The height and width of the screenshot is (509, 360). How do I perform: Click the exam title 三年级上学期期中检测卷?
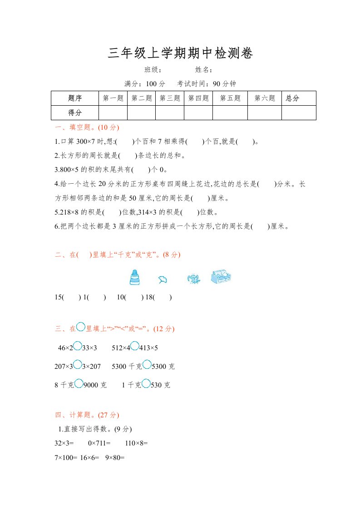(x=180, y=54)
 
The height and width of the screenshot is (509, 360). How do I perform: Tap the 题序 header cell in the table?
(x=74, y=98)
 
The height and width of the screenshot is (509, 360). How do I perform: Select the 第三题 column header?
(x=170, y=98)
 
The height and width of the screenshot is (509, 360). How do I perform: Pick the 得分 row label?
(x=74, y=113)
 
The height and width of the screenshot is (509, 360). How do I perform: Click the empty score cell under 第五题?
(x=230, y=113)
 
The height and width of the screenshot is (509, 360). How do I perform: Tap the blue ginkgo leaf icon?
(x=163, y=280)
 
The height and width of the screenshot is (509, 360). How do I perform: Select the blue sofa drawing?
(x=221, y=277)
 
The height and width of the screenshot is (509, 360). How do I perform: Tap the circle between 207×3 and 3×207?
(x=78, y=365)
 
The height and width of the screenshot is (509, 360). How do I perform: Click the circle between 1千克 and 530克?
(x=146, y=384)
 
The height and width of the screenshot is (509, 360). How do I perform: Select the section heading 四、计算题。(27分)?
(x=86, y=415)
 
